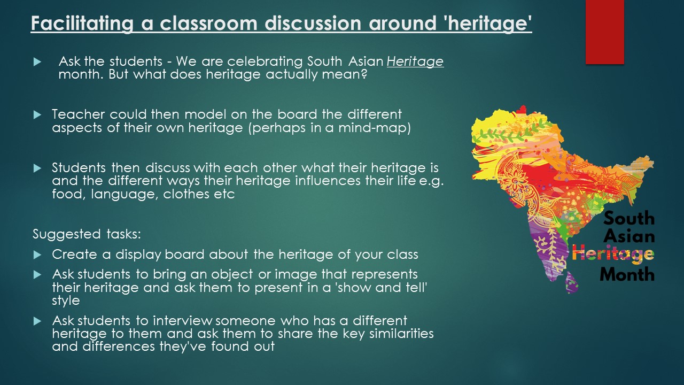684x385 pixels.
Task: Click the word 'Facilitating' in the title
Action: click(x=82, y=24)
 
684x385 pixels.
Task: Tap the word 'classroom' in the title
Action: click(x=208, y=23)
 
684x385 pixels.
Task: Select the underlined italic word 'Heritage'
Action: click(x=415, y=61)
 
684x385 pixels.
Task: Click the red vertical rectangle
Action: click(x=604, y=32)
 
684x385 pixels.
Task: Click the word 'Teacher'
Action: click(x=78, y=114)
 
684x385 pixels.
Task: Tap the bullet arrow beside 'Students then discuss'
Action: click(x=37, y=168)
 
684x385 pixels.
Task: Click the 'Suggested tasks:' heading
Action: click(x=87, y=234)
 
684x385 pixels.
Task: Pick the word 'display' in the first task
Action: click(x=138, y=255)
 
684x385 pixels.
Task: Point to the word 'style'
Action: click(x=66, y=301)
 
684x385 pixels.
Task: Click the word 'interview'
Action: click(x=183, y=321)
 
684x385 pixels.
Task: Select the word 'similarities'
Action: click(x=401, y=334)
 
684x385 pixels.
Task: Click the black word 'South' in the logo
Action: click(x=629, y=219)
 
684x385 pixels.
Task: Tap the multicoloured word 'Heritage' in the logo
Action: click(x=613, y=254)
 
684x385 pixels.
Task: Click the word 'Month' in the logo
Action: click(x=627, y=274)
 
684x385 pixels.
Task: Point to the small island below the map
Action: click(x=572, y=283)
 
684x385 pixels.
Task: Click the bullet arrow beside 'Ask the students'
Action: click(x=37, y=62)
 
